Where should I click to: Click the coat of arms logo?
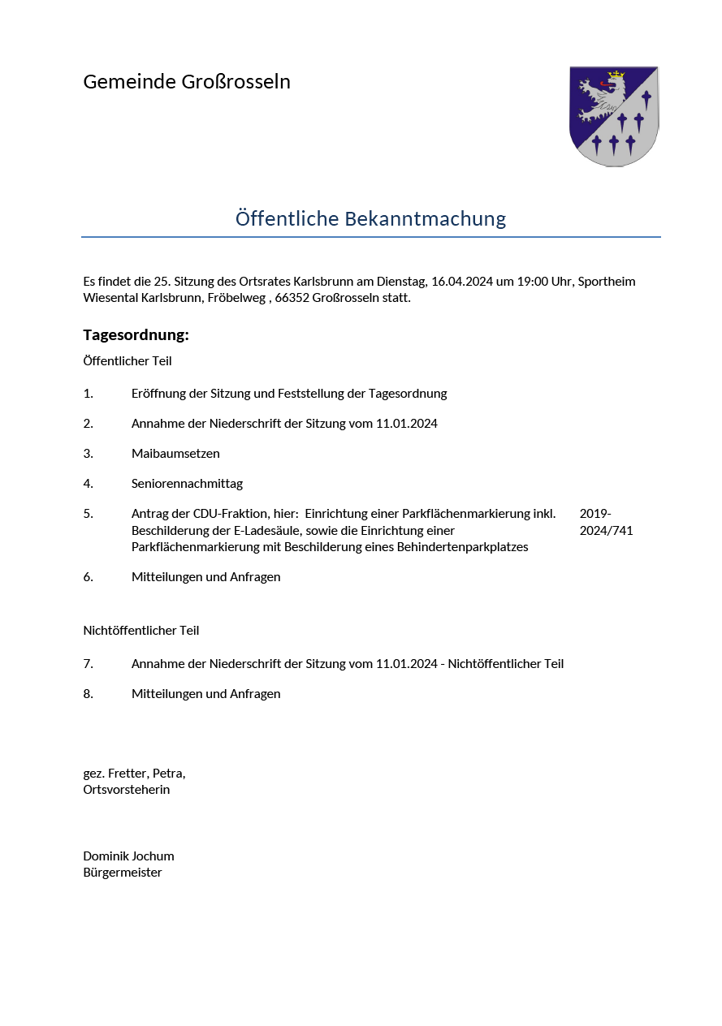tap(613, 116)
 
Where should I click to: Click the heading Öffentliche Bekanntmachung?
tap(370, 218)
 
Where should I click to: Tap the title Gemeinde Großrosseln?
tap(187, 82)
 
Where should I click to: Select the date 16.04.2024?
tap(461, 282)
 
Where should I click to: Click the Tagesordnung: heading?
tap(136, 335)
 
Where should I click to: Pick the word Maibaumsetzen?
tap(175, 454)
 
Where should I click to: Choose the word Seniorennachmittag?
tap(187, 484)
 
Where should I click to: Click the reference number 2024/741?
tap(606, 531)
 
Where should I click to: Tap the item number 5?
tap(88, 514)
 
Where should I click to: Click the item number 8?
tap(88, 694)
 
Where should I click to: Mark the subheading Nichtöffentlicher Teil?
tap(141, 631)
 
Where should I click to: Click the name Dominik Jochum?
tap(128, 856)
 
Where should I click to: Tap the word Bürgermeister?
tap(123, 873)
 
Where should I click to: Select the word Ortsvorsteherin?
tap(127, 790)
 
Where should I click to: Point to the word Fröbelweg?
tap(237, 298)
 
